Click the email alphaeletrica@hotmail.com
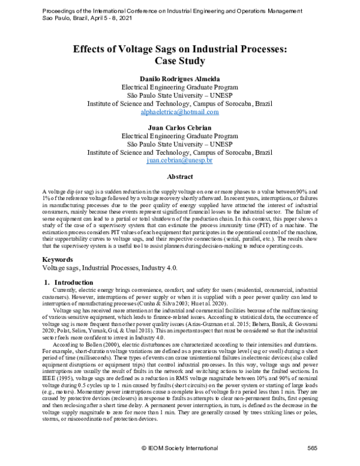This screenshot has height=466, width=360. [179, 112]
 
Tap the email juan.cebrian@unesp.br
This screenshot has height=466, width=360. [179, 161]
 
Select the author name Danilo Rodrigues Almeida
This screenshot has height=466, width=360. [179, 79]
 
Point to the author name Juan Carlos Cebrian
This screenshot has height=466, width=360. [179, 128]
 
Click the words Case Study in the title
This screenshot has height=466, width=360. [179, 61]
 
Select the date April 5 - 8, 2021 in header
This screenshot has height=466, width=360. [104, 18]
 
